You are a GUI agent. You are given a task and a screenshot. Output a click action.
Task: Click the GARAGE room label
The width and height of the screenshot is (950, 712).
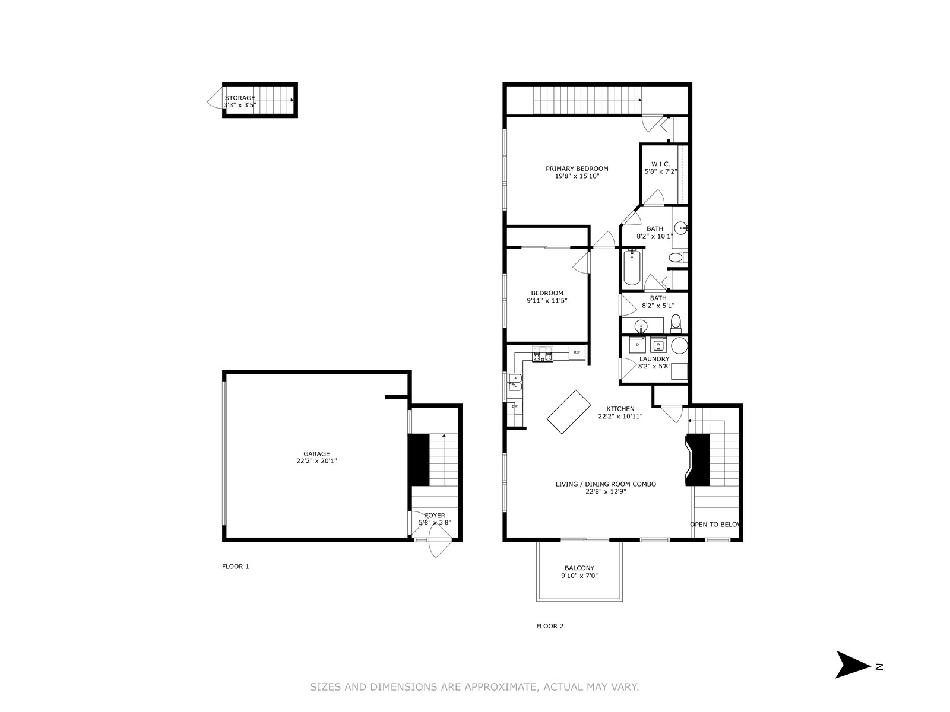coord(316,454)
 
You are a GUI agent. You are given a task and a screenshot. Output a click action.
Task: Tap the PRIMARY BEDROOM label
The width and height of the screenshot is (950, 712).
coord(577,169)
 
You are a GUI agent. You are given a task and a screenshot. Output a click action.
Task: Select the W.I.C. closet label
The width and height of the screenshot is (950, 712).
coord(660,164)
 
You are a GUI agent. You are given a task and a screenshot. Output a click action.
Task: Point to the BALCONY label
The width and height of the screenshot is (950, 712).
coord(579,568)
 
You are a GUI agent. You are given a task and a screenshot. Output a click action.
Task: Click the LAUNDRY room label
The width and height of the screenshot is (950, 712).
coord(654,359)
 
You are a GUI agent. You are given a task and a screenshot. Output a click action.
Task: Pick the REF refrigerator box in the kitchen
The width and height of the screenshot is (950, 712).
coord(577,352)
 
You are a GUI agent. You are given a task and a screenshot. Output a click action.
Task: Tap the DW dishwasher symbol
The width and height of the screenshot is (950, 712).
coord(515,406)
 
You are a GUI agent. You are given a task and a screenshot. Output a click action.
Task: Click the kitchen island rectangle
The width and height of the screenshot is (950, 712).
coord(569,412)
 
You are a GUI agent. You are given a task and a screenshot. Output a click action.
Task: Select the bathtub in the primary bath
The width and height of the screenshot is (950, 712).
coord(632,268)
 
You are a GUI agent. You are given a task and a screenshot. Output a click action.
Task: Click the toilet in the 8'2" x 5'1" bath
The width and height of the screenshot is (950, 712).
coord(676,323)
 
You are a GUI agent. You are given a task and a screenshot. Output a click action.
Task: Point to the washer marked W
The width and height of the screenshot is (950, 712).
coord(658,345)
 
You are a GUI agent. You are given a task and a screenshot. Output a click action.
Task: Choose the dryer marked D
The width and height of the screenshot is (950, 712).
coord(637,345)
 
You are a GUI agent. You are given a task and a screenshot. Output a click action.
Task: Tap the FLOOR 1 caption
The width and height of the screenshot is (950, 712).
coord(236,566)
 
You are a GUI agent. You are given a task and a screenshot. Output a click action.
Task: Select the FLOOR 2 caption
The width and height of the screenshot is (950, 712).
coord(550,625)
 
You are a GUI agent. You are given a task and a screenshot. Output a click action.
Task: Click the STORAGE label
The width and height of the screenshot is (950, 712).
coord(240,98)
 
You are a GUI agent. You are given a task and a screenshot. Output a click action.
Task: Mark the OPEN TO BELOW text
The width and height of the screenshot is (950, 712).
coord(714,525)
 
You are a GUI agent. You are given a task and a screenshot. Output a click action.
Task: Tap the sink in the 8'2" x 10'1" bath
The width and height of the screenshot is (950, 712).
coord(681,227)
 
